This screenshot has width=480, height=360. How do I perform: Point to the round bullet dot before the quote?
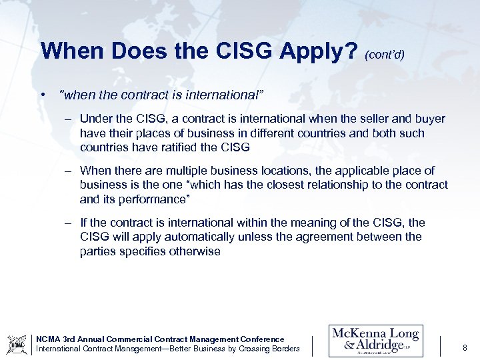pos(43,95)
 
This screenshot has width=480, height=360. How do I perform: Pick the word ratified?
pos(178,147)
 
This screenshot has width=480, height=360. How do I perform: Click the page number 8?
pos(465,347)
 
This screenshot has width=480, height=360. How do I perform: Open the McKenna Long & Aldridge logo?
pos(376,341)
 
